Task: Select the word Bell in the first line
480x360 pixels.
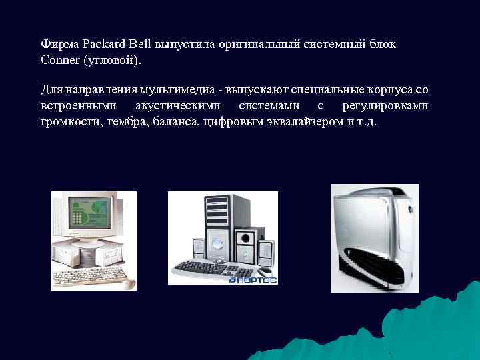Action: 143,45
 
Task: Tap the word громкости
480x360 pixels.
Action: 67,123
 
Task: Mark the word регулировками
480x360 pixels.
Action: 385,106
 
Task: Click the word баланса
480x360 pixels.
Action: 175,122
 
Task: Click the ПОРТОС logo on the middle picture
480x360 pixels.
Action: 253,280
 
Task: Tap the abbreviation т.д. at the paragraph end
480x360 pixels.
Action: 368,122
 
